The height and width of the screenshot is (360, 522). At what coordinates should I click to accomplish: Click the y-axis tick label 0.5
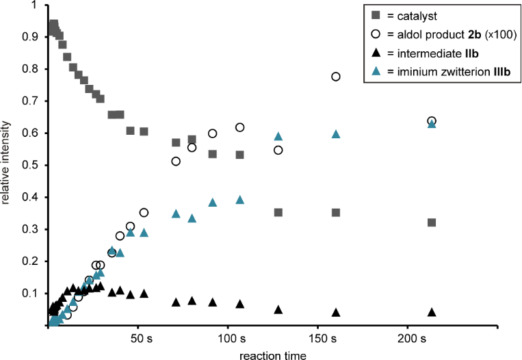coord(30,165)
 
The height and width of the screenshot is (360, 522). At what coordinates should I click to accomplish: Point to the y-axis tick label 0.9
coord(30,37)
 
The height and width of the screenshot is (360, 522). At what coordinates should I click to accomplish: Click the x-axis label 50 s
coord(142,337)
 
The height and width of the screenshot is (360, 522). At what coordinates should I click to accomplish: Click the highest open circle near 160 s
coord(336,77)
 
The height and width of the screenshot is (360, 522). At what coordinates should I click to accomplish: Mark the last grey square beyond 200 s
coord(432,222)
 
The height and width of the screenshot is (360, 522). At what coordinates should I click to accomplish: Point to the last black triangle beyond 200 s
coord(432,311)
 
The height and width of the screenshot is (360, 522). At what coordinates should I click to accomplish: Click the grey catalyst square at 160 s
coord(336,213)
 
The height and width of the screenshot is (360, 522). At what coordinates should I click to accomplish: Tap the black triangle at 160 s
coord(336,312)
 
